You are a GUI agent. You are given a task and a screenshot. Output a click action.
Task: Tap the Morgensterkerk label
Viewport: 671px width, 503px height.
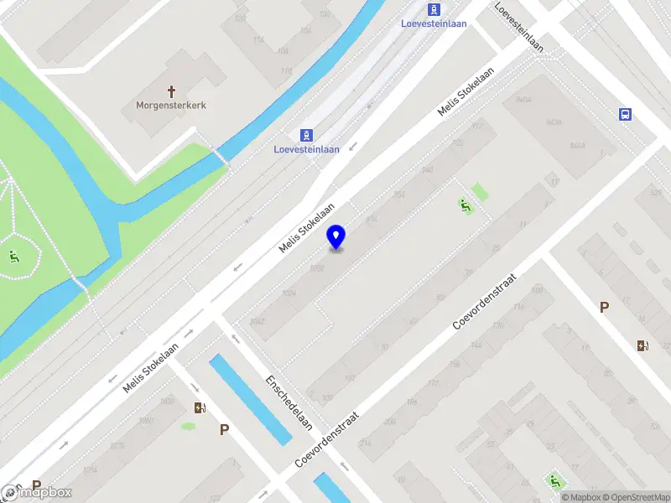[171, 106]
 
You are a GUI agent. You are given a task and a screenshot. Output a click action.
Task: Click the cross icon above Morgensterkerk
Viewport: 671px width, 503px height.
[172, 91]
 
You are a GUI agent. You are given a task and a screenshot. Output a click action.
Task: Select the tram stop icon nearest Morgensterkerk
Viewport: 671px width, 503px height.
[307, 135]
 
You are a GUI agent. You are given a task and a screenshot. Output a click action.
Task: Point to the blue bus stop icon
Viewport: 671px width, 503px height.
[625, 115]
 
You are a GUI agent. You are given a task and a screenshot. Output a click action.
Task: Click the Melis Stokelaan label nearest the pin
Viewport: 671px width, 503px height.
[307, 228]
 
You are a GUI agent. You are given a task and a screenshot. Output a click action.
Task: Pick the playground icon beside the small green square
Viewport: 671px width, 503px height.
[463, 204]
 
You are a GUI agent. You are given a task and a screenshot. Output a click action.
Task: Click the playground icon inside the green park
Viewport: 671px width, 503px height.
[13, 257]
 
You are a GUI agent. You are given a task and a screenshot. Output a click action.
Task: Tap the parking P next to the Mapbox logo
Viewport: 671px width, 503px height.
[36, 485]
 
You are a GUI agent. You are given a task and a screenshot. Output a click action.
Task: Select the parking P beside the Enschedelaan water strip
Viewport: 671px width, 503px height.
[224, 429]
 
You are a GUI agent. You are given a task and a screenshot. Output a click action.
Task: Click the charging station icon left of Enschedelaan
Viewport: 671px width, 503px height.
[200, 408]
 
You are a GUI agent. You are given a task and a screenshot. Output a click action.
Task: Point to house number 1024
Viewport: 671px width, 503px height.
[289, 293]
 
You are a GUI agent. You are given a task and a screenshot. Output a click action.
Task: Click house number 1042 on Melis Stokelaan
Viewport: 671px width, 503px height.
[257, 321]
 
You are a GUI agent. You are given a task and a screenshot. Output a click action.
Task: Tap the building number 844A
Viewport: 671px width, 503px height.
[577, 146]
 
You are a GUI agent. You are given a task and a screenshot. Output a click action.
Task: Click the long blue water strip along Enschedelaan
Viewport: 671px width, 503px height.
[250, 399]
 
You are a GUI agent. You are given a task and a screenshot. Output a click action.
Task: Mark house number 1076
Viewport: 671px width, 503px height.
[117, 445]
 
